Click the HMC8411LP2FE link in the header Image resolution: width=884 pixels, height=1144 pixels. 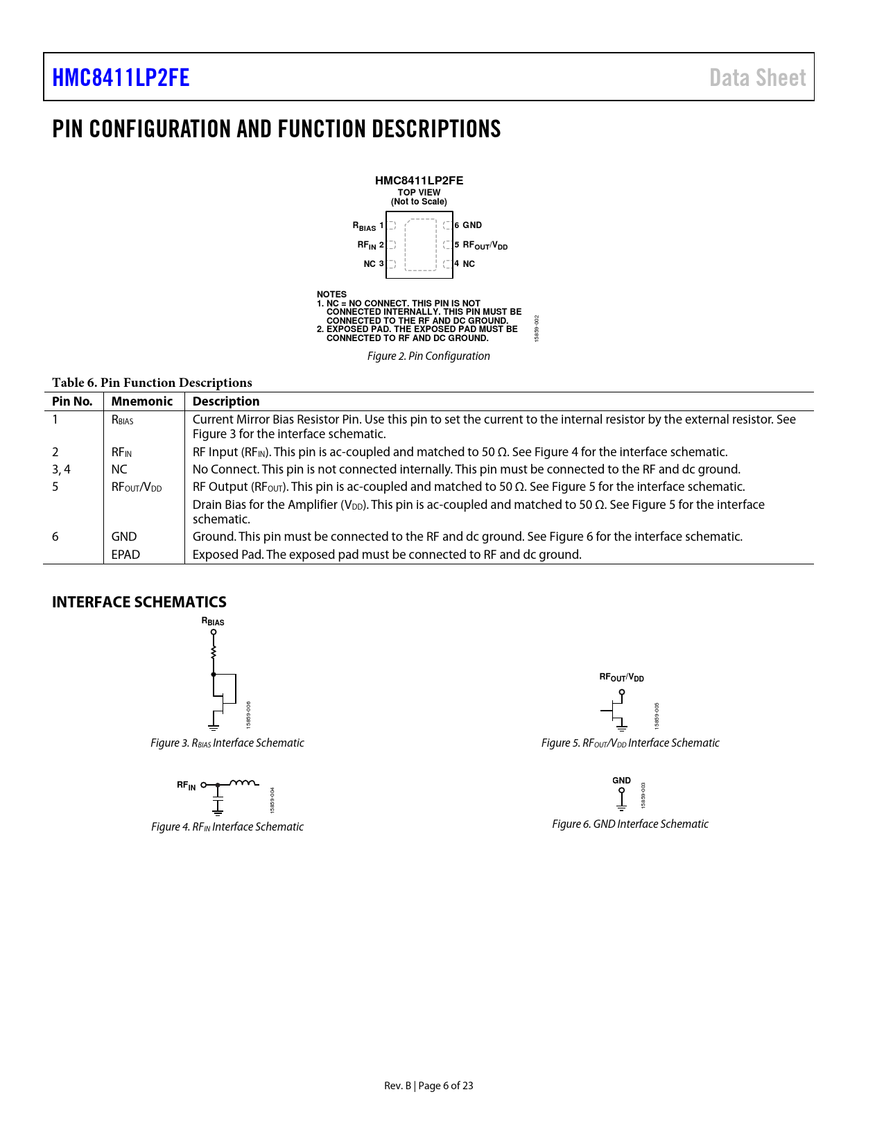(121, 78)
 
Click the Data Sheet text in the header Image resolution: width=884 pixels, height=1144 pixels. (757, 78)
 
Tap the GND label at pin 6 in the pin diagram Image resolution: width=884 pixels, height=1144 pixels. (472, 225)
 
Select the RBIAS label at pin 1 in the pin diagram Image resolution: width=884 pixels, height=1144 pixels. (364, 226)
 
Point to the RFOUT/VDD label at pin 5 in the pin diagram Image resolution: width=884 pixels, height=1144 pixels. (485, 245)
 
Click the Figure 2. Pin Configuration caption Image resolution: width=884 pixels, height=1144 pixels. (428, 356)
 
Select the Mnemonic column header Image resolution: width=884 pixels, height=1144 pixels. (141, 401)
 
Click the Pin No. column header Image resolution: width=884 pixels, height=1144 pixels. (72, 401)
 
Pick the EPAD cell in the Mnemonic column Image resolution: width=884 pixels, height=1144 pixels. (125, 555)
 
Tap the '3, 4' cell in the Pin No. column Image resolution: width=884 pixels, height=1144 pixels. (61, 469)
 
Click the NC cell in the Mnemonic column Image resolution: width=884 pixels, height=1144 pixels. (119, 469)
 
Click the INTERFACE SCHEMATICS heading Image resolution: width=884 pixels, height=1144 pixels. (139, 602)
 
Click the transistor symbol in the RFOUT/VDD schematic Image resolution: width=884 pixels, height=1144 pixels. (617, 711)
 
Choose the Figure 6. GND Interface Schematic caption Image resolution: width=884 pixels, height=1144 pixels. (630, 824)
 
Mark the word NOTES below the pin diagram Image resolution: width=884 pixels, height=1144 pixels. (331, 295)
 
